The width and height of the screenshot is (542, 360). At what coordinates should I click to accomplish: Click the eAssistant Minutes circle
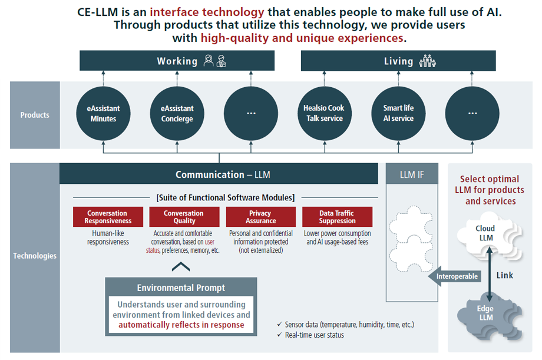[x=104, y=114]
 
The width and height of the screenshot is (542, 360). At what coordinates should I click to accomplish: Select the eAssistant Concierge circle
[x=177, y=114]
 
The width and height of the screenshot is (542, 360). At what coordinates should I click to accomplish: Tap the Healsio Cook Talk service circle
[x=324, y=114]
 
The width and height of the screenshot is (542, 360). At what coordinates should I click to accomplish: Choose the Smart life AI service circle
[x=398, y=114]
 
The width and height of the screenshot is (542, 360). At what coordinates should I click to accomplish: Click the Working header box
[x=177, y=61]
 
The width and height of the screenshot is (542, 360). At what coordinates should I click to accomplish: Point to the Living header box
[x=398, y=61]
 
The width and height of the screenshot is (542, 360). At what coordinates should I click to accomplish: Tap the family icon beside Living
[x=427, y=61]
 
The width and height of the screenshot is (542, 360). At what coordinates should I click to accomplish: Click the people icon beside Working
[x=214, y=61]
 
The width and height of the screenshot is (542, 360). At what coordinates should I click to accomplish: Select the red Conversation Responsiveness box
[x=108, y=217]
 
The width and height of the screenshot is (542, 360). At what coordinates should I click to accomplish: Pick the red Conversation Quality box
[x=184, y=217]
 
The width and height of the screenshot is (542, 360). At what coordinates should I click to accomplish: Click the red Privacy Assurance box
[x=260, y=217]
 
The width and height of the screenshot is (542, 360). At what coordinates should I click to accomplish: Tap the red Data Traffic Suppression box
[x=337, y=217]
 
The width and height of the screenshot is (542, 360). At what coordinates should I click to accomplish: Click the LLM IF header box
[x=411, y=174]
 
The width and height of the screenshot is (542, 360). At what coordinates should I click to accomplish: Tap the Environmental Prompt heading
[x=181, y=288]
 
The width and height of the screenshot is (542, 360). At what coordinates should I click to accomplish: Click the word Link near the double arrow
[x=505, y=275]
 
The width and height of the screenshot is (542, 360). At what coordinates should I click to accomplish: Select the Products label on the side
[x=35, y=115]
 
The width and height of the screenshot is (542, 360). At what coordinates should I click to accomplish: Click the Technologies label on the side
[x=35, y=256]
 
